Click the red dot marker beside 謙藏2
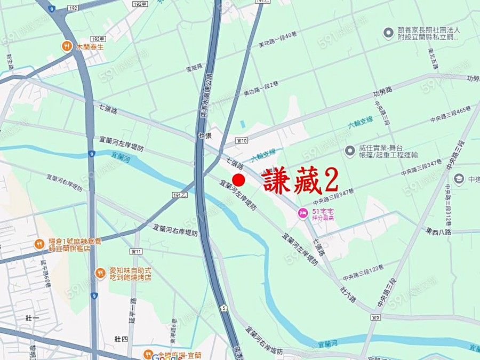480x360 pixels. coord(238,180)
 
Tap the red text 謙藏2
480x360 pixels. coord(300,181)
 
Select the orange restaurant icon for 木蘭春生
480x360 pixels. coord(67,46)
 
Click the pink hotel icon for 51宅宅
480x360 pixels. coord(302,213)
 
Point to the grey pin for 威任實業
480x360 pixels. coord(350,151)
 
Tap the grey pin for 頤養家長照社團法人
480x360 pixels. coord(388,33)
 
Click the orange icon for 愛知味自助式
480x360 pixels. coord(100,274)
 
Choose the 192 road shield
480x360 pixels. coord(73,9)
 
